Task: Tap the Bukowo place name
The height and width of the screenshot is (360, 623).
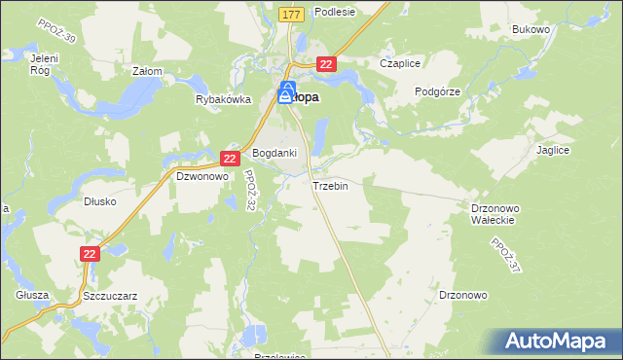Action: click(x=531, y=30)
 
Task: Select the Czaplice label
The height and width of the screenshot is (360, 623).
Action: click(x=400, y=63)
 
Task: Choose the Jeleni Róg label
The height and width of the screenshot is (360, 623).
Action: click(x=39, y=65)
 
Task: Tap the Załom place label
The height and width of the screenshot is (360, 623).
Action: click(x=146, y=71)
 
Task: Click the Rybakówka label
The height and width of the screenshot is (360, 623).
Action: click(x=223, y=99)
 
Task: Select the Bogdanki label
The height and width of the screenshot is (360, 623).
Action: click(x=275, y=154)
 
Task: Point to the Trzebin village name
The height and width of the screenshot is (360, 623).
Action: click(x=330, y=186)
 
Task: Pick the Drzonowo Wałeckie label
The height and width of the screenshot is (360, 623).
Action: click(x=498, y=214)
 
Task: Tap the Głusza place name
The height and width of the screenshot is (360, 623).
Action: click(x=32, y=295)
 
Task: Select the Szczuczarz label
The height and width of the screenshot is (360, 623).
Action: click(x=110, y=295)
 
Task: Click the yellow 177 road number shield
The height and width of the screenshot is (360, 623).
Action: click(x=290, y=15)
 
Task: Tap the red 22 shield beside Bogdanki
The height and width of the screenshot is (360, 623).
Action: click(x=230, y=158)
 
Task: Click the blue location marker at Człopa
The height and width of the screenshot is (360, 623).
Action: click(x=286, y=92)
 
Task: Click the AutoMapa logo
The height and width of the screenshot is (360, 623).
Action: click(x=558, y=341)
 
